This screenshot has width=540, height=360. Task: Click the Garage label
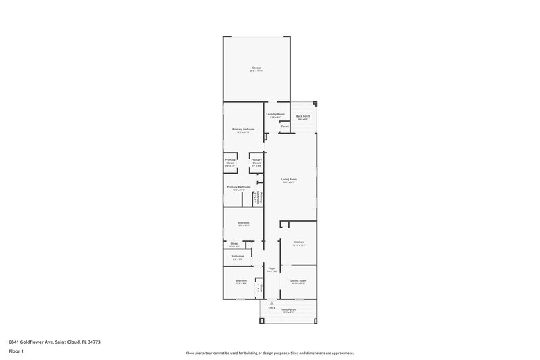tap(256, 68)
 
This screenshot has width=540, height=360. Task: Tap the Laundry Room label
tap(275, 114)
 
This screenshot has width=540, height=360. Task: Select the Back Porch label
tap(304, 116)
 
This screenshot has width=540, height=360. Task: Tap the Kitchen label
tap(298, 242)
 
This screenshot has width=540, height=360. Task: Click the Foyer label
tap(271, 269)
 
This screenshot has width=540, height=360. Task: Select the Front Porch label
tap(289, 309)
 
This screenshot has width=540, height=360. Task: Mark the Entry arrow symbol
tap(271, 302)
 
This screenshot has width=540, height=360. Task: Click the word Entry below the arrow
tap(271, 307)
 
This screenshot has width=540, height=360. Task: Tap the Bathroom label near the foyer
tap(237, 256)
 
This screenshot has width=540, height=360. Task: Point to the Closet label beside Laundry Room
tap(284, 126)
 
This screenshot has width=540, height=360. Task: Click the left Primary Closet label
tap(230, 161)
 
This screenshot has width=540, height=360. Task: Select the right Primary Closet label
tap(256, 161)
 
